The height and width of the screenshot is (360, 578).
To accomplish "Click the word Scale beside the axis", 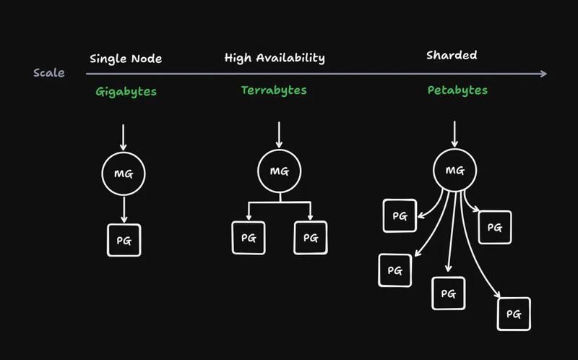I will pyautogui.click(x=49, y=73).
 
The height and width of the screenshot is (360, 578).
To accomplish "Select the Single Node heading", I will pyautogui.click(x=126, y=59).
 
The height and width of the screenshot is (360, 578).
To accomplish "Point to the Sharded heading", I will pyautogui.click(x=452, y=55).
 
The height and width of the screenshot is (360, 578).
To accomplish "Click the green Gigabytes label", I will pyautogui.click(x=126, y=92).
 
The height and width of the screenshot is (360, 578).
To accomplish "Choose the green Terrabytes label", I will pyautogui.click(x=274, y=90).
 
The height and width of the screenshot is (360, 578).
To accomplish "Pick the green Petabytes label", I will pyautogui.click(x=457, y=91).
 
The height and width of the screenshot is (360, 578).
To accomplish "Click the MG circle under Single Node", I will pyautogui.click(x=124, y=173).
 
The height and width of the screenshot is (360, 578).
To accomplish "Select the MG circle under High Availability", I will pyautogui.click(x=280, y=171).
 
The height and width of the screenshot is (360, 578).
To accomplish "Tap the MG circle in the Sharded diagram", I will pyautogui.click(x=454, y=171).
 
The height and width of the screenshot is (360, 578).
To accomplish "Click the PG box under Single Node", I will pyautogui.click(x=124, y=240).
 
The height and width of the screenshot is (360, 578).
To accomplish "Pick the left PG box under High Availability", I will pyautogui.click(x=248, y=237).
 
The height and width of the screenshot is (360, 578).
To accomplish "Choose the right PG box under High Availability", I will pyautogui.click(x=311, y=237).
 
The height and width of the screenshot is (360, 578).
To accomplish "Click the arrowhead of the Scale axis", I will pyautogui.click(x=543, y=73).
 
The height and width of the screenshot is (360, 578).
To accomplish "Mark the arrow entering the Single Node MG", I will pyautogui.click(x=124, y=137).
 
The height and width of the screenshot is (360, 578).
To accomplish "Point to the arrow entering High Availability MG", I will pyautogui.click(x=280, y=135).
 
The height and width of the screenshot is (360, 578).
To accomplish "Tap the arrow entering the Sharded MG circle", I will pyautogui.click(x=454, y=135).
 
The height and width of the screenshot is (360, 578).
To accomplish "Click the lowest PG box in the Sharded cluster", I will pyautogui.click(x=514, y=314).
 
